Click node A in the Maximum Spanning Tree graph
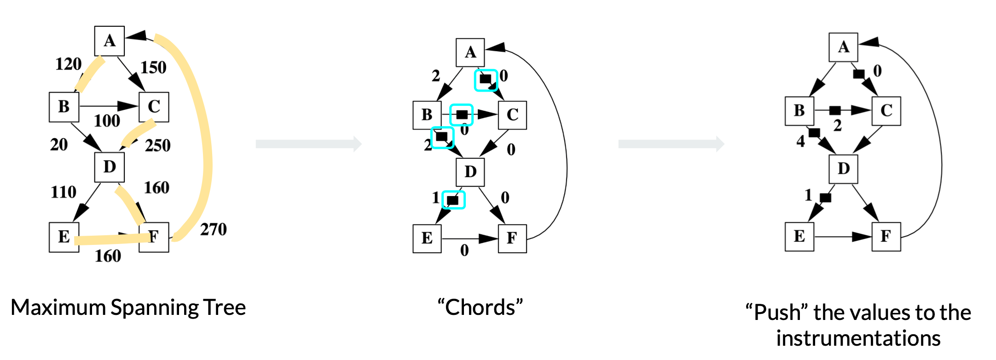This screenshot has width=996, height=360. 109,41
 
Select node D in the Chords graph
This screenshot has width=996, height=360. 470,172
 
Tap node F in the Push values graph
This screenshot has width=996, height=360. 886,237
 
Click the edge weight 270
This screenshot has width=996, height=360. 213,229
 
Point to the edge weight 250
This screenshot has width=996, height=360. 157,145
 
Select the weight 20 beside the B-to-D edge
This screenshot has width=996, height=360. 59,145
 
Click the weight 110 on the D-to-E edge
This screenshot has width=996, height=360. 64,192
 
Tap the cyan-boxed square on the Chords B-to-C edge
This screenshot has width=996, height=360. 462,114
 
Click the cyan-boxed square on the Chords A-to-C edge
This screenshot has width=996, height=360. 486,80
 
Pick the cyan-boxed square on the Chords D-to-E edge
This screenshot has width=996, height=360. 453,200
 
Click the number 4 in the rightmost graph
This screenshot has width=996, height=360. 801,141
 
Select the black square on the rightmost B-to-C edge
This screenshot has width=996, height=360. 835,110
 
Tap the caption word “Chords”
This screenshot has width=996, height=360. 480,307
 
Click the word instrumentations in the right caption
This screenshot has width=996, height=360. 858,338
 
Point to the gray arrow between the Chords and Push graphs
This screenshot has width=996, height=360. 671,144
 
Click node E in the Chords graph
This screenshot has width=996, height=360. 427,238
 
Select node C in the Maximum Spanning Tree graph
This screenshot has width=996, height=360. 154,107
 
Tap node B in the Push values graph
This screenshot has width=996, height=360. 799,111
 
